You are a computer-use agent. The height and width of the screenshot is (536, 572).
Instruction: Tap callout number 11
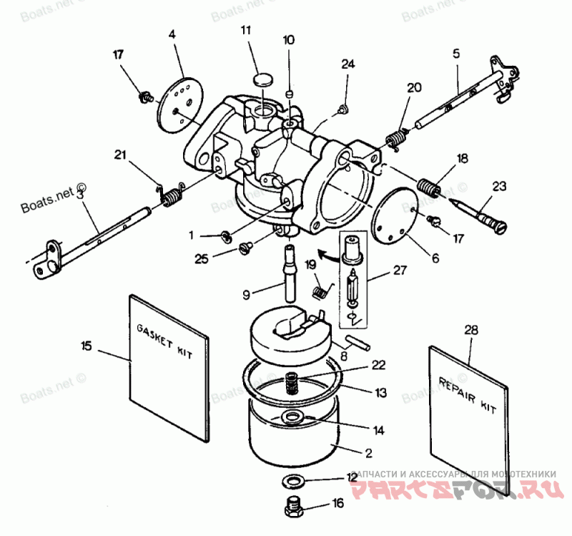click(x=246, y=31)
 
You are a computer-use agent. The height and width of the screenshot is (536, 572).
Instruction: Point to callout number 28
click(x=470, y=331)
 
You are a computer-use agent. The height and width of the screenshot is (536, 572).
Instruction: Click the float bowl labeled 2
click(x=293, y=437)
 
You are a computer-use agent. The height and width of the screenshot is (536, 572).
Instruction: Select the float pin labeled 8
click(x=355, y=339)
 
